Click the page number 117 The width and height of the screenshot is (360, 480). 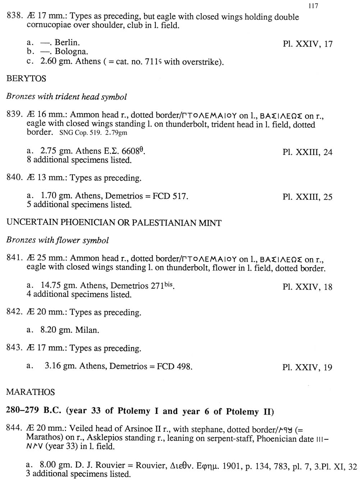click(313, 6)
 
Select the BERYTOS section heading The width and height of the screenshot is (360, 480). click(26, 79)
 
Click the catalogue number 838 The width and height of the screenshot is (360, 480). click(15, 17)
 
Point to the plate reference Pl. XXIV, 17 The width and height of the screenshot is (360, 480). click(307, 44)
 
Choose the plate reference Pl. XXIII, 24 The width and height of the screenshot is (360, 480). click(307, 152)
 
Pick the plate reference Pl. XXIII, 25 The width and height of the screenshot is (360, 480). click(307, 197)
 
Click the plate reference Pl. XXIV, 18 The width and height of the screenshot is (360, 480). click(307, 287)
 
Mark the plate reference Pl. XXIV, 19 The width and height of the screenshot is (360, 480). click(307, 367)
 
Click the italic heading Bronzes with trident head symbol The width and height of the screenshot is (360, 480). click(67, 97)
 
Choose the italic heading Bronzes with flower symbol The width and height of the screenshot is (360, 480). click(58, 240)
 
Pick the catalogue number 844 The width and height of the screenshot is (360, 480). click(15, 429)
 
